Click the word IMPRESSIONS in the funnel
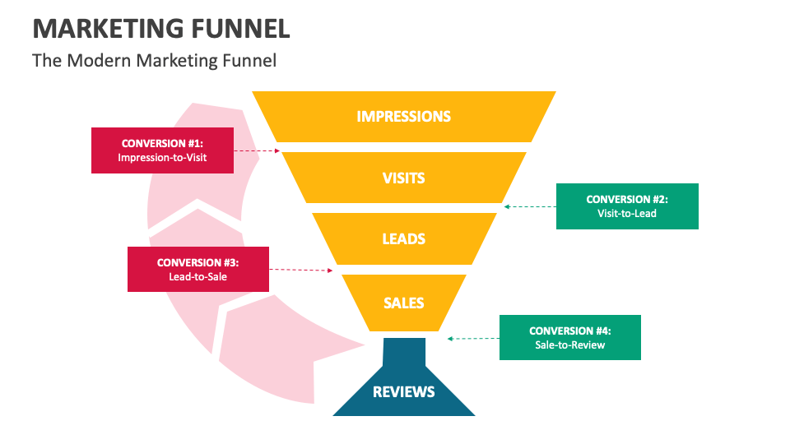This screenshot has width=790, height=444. (403, 116)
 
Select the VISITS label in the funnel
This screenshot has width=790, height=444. (403, 178)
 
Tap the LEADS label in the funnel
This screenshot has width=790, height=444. (403, 239)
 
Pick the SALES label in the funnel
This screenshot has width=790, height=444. (403, 303)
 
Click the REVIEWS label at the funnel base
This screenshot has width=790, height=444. (403, 391)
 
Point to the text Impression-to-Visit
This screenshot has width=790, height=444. (162, 157)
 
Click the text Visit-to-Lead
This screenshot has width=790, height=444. (627, 214)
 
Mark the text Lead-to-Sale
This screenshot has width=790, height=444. (197, 277)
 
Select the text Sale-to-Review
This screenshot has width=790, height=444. (569, 345)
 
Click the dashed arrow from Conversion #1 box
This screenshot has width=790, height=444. (257, 151)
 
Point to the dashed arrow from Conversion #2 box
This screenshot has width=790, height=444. (530, 206)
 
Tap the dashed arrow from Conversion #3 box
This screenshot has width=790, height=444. (301, 270)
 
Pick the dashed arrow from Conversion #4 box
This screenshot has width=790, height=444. (473, 338)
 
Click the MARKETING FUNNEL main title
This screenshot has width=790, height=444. (161, 29)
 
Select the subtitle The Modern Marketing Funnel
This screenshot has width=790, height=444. (154, 60)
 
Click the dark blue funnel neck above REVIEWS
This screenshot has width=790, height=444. (404, 352)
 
